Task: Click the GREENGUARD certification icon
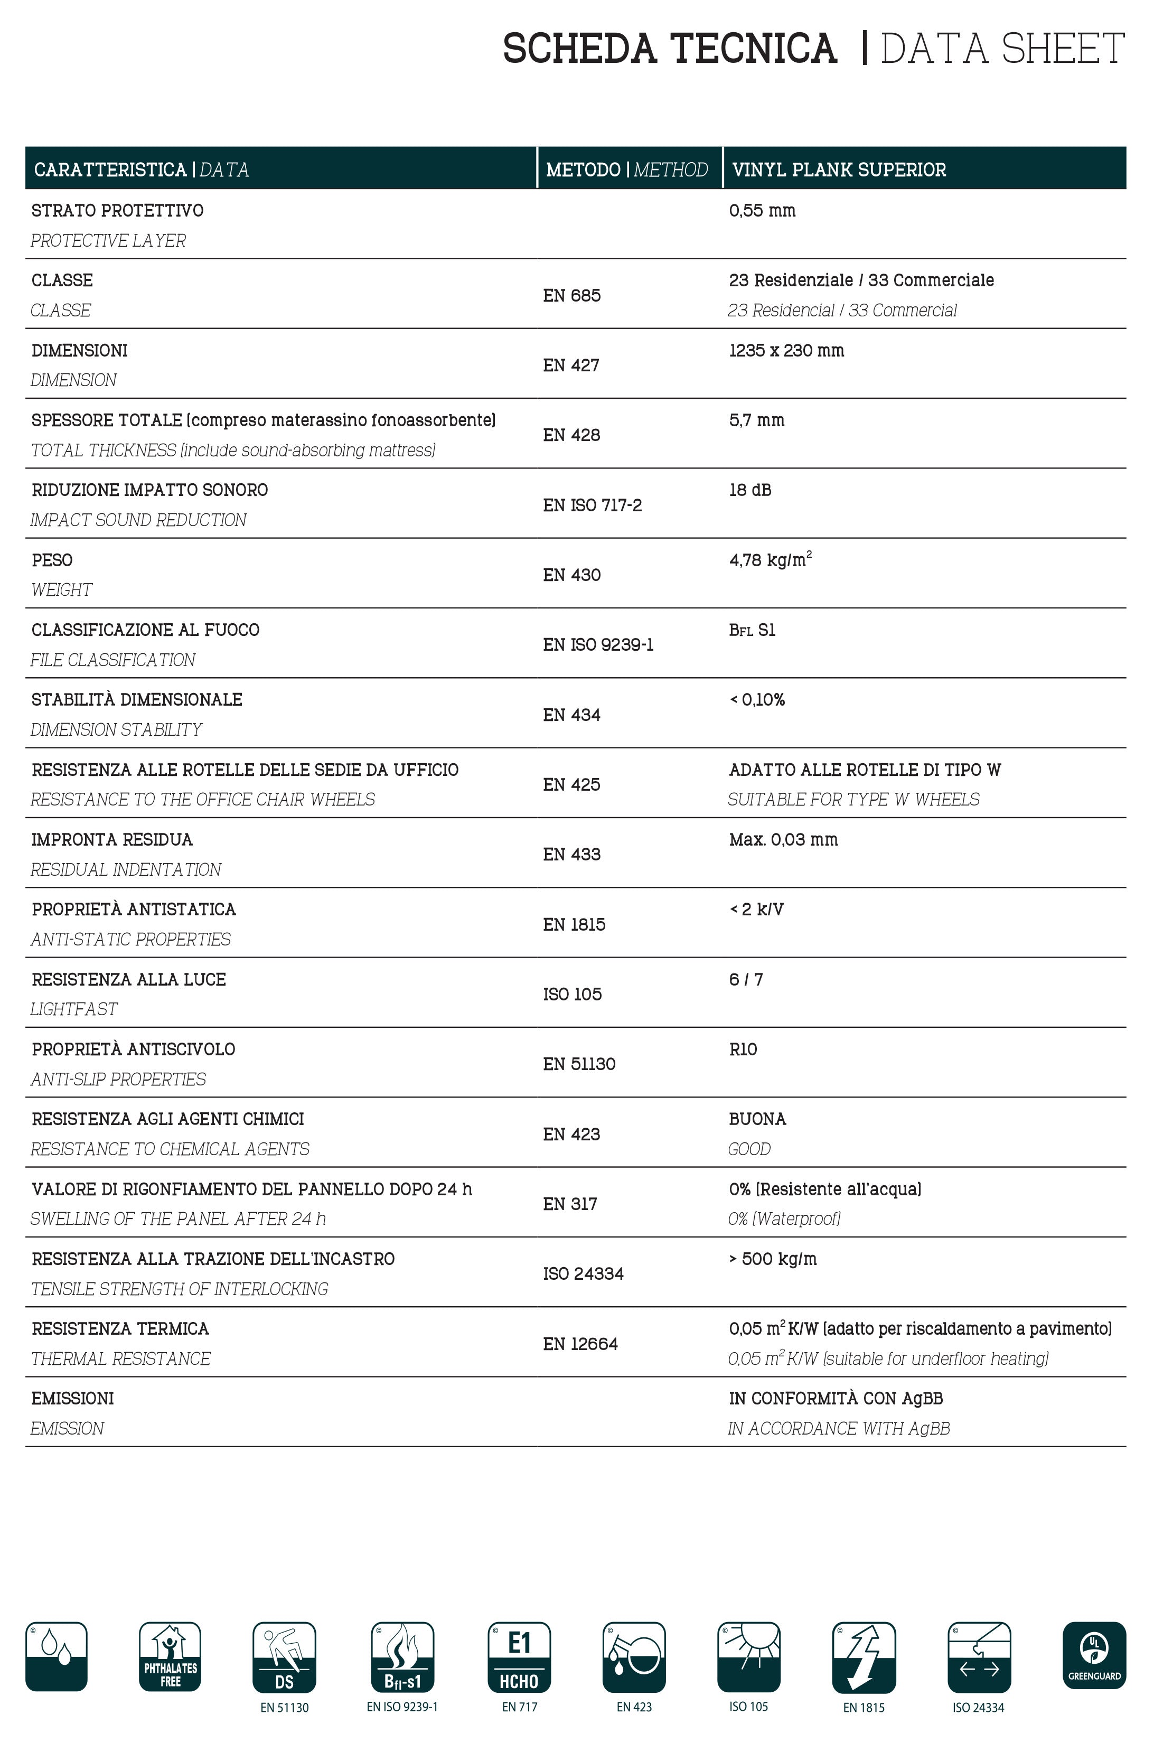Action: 1094,1655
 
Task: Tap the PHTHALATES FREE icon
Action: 170,1656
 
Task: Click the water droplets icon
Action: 56,1656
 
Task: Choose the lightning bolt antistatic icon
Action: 864,1657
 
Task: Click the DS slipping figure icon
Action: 284,1657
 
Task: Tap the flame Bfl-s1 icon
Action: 402,1657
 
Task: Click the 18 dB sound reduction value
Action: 750,490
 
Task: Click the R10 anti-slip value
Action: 743,1049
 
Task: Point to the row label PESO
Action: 52,560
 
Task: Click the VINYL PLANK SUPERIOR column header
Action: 839,170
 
